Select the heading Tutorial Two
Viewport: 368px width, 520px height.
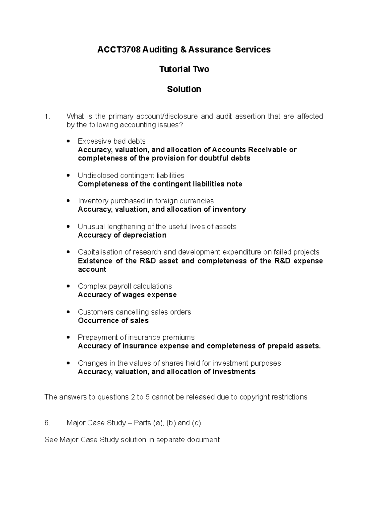click(x=184, y=69)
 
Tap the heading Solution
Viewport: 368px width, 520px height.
click(x=184, y=89)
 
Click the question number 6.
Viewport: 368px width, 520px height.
click(x=47, y=423)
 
